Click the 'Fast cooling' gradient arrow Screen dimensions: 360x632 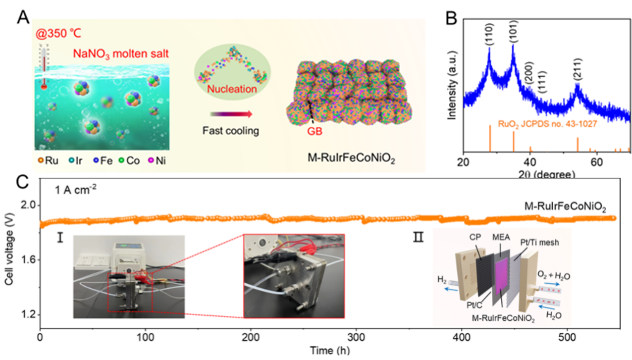(x=231, y=114)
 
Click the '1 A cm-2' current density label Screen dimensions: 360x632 (x=76, y=189)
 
